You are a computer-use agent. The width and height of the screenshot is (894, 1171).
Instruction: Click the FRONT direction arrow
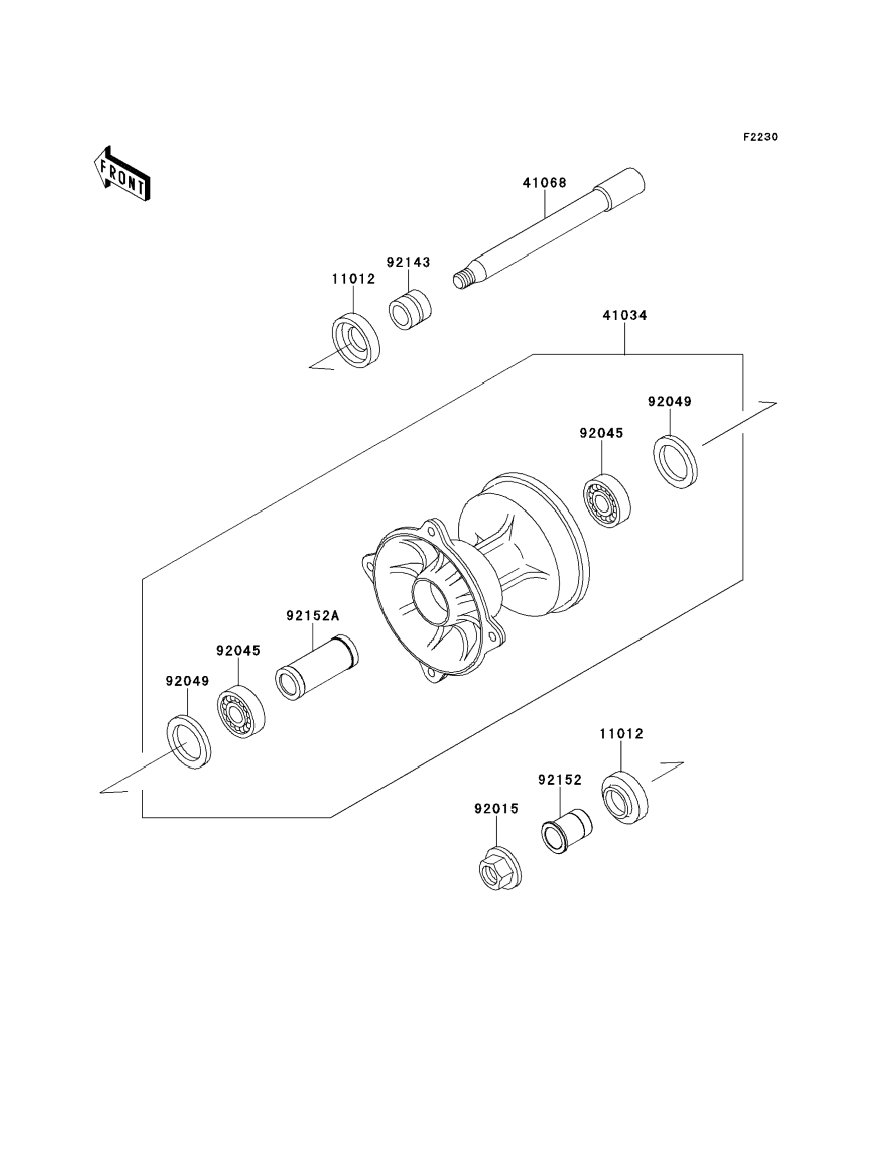pos(122,174)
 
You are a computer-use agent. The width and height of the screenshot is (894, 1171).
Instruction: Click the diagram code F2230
pos(760,137)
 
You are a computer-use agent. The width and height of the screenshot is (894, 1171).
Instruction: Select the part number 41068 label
pos(545,182)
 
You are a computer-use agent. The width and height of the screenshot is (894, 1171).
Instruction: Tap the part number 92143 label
pos(408,262)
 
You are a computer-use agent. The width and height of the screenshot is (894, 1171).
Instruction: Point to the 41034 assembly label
pos(625,316)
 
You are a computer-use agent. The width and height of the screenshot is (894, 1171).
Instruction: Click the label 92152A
pos(312,616)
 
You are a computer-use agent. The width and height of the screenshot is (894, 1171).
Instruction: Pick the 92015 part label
pos(496,809)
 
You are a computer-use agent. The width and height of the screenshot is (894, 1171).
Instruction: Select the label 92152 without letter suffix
pos(560,780)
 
